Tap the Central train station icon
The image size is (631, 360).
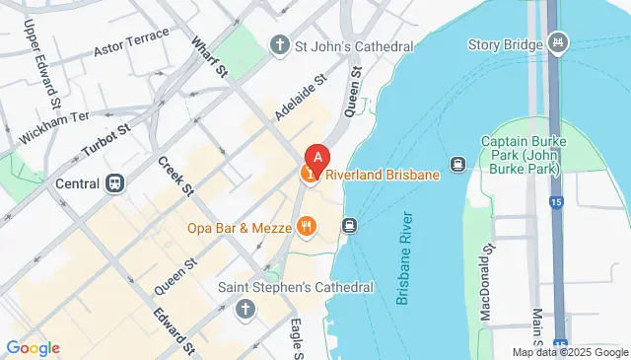tap(115, 182)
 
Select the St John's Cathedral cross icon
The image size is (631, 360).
tap(280, 45)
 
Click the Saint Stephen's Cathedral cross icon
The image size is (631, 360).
tap(245, 310)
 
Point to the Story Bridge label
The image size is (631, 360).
tap(506, 44)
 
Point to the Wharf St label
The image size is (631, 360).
tap(210, 58)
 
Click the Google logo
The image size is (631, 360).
tap(33, 347)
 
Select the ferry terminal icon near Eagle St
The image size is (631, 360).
tap(349, 226)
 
